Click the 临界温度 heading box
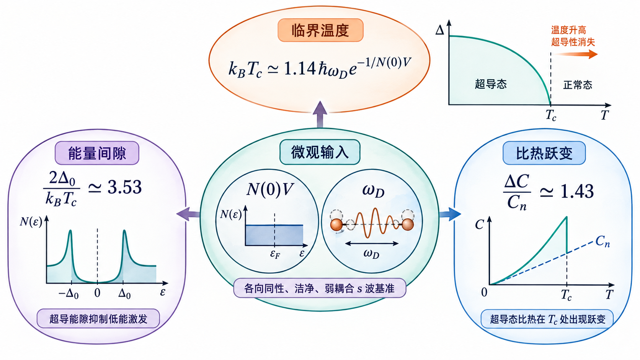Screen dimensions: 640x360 [320, 30]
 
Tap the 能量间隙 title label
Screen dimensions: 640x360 [97, 153]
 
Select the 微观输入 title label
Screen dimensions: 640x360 [320, 152]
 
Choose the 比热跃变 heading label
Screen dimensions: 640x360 [544, 153]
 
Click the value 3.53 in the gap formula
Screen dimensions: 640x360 [124, 187]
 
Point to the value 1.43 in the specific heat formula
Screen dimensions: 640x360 [577, 191]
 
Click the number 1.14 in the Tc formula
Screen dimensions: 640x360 [300, 69]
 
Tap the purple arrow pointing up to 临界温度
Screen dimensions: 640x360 [320, 114]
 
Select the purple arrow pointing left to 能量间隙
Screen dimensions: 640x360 [188, 214]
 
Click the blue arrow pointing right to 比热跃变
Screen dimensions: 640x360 [450, 214]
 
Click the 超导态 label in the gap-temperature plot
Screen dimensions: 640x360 [491, 84]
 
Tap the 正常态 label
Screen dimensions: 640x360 [578, 85]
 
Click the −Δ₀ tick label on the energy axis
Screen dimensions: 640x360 [68, 293]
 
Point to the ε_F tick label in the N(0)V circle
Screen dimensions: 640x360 [275, 254]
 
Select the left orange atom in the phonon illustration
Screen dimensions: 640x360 [336, 225]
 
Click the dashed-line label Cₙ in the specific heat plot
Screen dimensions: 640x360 [602, 241]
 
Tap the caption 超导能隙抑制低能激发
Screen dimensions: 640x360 [98, 319]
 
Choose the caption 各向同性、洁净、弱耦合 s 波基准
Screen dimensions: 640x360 [320, 288]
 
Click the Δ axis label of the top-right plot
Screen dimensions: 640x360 [439, 30]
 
